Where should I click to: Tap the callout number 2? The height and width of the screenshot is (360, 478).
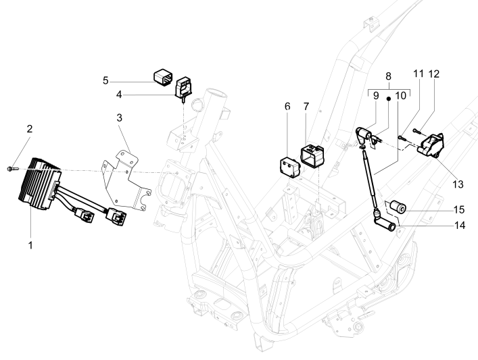(29, 128)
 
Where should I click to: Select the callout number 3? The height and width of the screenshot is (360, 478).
(118, 118)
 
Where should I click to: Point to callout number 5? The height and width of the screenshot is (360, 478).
(124, 80)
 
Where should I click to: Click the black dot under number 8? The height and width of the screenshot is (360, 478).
(388, 98)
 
